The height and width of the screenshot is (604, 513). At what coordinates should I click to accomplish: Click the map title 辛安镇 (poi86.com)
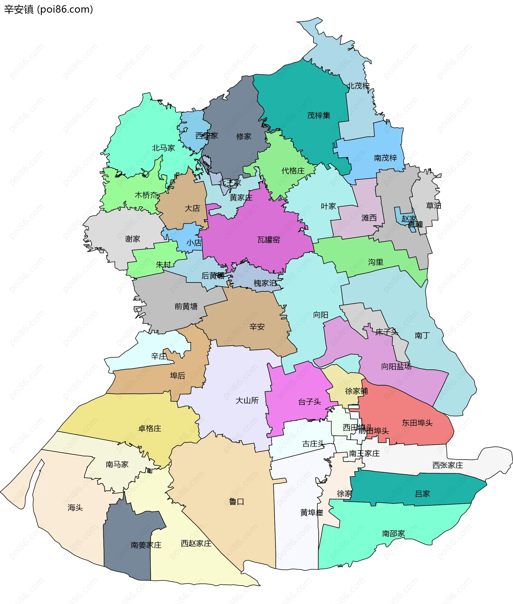tap(49, 9)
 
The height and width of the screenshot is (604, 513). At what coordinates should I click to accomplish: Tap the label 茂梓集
tap(318, 116)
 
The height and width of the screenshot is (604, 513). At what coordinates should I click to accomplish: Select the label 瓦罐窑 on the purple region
tap(269, 240)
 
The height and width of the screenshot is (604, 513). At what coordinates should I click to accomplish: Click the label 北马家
tap(163, 148)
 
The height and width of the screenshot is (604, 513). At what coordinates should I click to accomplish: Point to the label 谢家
tap(133, 239)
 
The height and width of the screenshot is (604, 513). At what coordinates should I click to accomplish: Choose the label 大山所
tap(247, 400)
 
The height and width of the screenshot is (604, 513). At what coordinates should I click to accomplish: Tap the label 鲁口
tap(236, 502)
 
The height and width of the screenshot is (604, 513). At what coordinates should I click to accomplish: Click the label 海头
tap(75, 508)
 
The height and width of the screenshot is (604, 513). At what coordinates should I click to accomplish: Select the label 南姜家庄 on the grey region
tap(146, 545)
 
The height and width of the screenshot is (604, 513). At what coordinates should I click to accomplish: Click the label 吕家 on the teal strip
tap(422, 494)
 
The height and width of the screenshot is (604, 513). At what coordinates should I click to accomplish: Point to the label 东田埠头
tap(417, 423)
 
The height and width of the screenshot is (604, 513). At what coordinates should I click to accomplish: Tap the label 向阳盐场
tap(396, 366)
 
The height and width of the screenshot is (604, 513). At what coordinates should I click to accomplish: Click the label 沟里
tap(375, 262)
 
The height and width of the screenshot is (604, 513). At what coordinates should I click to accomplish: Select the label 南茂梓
tap(385, 158)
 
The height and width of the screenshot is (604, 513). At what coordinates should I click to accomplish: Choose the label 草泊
tap(433, 206)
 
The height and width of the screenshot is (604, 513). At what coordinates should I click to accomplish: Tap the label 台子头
tap(309, 402)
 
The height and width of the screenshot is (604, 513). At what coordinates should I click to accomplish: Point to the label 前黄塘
tap(186, 306)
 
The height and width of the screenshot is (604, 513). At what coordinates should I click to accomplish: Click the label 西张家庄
tap(447, 465)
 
